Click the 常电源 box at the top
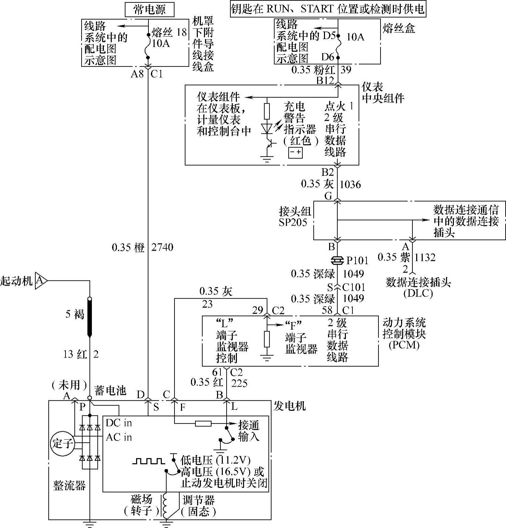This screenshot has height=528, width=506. [x=150, y=9]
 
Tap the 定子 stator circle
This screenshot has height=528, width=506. [x=62, y=444]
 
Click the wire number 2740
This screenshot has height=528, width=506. [x=162, y=247]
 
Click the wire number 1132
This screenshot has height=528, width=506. [x=425, y=257]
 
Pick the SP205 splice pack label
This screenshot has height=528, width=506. [x=293, y=222]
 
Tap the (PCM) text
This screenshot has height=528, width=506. [x=404, y=345]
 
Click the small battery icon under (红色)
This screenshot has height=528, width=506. [x=295, y=152]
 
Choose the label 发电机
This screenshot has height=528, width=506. [x=290, y=406]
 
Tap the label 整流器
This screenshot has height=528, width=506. [x=69, y=485]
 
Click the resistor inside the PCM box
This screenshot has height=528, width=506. [x=267, y=339]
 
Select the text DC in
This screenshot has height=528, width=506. [x=119, y=423]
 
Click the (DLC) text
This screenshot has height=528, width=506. [x=418, y=293]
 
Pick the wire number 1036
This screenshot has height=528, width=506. [x=350, y=184]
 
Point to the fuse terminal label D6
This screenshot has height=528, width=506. [x=327, y=57]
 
